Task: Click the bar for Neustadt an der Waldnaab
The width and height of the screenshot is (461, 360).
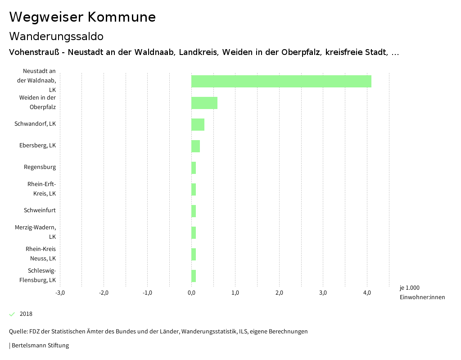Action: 281,81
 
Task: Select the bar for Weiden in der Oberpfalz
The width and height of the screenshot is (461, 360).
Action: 204,103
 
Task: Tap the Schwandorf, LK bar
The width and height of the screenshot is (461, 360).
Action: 198,124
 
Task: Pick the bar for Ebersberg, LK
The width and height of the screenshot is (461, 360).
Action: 195,146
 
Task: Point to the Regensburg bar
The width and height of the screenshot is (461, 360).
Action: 194,168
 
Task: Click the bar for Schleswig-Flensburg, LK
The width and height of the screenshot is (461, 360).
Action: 194,276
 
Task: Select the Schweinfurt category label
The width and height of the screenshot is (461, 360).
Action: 40,210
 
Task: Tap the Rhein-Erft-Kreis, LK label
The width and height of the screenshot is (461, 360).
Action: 41,189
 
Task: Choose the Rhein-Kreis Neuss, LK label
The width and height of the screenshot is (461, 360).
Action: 41,254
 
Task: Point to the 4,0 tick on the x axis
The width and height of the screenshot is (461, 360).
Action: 367,293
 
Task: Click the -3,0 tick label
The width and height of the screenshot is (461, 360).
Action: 60,293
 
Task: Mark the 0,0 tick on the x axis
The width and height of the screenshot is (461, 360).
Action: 191,293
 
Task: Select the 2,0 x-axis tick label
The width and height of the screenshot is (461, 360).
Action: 279,293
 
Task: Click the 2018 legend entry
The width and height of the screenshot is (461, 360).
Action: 26,314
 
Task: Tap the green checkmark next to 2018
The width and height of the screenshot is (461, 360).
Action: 12,314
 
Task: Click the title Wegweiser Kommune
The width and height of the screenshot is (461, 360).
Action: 82,17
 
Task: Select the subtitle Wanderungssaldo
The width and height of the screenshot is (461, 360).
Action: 56,36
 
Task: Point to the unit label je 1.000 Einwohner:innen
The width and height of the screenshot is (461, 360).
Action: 422,292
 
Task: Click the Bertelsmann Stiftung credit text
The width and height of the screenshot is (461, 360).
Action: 40,346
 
